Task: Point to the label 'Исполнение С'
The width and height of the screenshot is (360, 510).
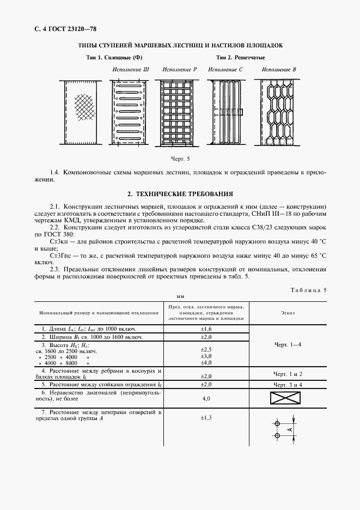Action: pos(225,70)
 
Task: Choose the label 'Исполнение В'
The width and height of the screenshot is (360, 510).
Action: pos(278,70)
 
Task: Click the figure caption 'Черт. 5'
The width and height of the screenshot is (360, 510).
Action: pos(180,159)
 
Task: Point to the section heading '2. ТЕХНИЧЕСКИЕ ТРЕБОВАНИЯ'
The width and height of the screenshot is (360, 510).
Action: pos(180,193)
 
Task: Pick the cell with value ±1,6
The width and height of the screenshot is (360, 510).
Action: pos(206,330)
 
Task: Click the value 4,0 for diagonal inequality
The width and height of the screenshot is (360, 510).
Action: pos(206,399)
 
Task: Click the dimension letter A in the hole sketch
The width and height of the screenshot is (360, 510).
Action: pos(290,430)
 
